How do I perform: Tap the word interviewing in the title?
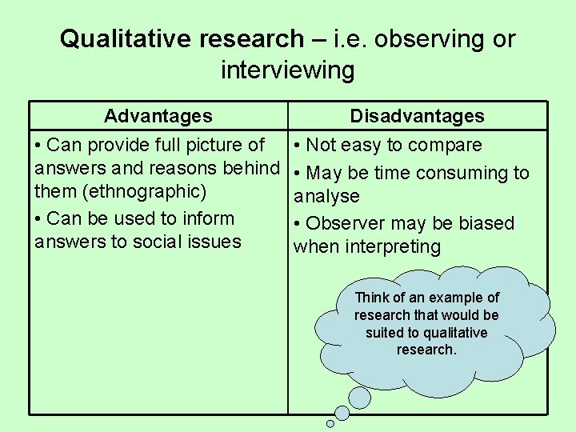tap(287, 70)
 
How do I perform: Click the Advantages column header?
tap(158, 116)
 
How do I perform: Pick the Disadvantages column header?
tap(417, 116)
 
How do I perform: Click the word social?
tap(154, 242)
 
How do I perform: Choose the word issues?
tap(214, 242)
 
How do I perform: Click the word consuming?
tap(465, 173)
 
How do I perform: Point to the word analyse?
tap(326, 196)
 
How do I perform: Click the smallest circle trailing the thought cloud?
tap(330, 423)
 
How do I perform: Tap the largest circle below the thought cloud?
tap(358, 397)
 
